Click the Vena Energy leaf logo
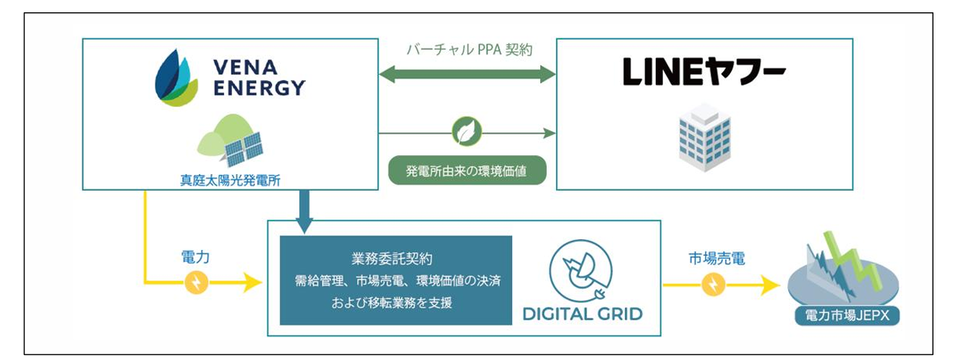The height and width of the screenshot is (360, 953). (176, 78)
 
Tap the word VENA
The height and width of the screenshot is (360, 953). (245, 68)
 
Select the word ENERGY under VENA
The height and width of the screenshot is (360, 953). (259, 88)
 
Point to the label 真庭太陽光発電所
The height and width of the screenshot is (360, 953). (230, 181)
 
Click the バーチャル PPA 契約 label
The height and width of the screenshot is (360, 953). (469, 50)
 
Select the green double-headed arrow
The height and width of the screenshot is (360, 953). (467, 74)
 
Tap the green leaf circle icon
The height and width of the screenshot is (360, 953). (466, 132)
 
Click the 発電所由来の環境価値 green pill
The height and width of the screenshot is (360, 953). (467, 170)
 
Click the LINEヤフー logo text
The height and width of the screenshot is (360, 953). (704, 72)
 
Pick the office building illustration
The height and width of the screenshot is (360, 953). (704, 137)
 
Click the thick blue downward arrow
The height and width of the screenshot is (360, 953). (304, 212)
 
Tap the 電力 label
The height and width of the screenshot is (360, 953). (195, 257)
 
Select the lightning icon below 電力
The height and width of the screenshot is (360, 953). (196, 282)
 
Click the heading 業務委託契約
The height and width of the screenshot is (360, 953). (391, 259)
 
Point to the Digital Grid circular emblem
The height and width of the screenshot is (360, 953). (581, 271)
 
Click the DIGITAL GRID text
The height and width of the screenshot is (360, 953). (583, 314)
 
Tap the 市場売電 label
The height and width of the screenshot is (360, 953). (717, 258)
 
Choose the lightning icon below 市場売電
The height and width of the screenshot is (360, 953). (714, 285)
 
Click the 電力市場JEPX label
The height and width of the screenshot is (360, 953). (847, 316)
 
